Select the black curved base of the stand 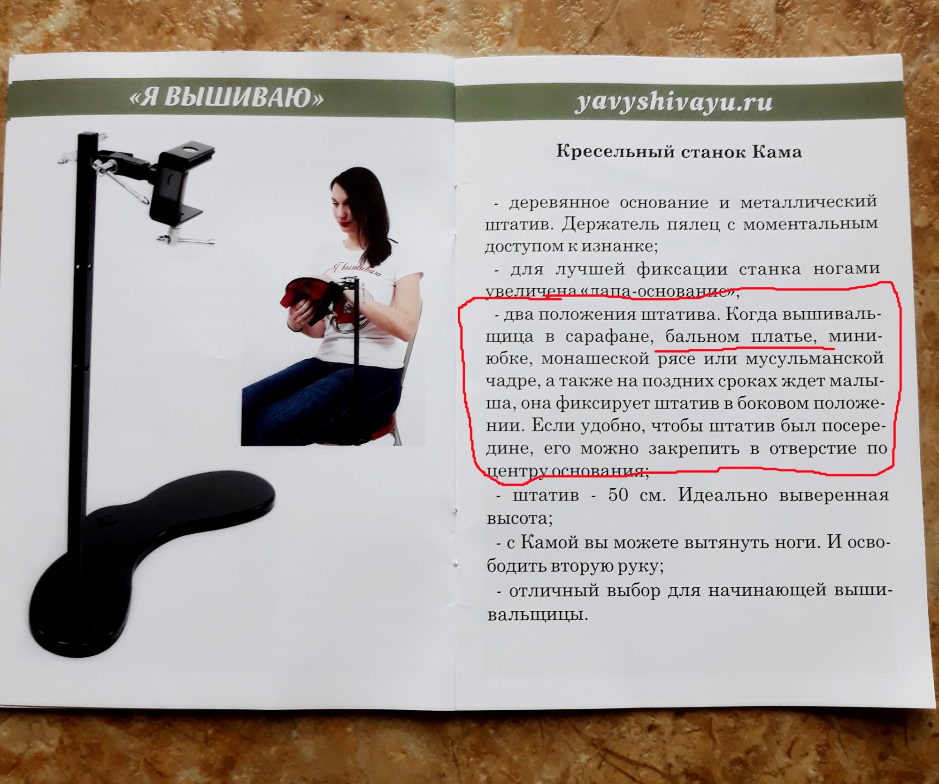coord(141,563)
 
